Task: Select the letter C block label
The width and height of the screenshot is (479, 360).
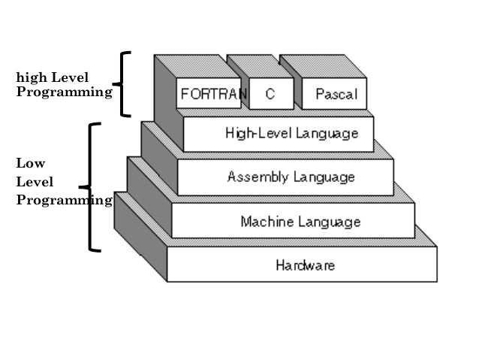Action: tap(268, 95)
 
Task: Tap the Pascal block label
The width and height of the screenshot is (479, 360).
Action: tap(336, 95)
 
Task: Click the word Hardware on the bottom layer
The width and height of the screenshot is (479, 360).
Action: tap(305, 265)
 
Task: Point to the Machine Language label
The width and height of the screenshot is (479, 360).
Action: tap(300, 222)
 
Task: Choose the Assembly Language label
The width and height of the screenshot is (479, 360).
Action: tap(291, 177)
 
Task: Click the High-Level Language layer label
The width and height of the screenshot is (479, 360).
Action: tap(291, 134)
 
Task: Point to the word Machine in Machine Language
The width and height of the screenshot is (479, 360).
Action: tap(267, 222)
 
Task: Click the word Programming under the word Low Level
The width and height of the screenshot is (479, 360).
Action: tap(64, 200)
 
